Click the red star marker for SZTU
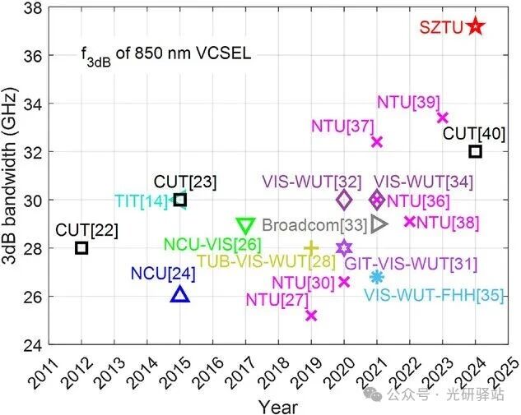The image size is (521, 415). point(475,26)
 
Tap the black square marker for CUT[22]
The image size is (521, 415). point(81,247)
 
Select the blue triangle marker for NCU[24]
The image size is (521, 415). point(180,294)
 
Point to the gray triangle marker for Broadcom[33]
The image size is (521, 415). point(379,224)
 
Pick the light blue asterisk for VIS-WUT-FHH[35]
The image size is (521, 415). point(377,278)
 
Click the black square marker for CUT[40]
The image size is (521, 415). point(475,151)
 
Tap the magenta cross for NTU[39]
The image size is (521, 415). point(443,118)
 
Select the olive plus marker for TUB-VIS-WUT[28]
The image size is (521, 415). point(311,247)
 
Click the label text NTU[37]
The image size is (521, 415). point(342,127)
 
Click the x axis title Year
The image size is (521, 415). point(278,406)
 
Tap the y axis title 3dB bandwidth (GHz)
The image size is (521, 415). point(12,176)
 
